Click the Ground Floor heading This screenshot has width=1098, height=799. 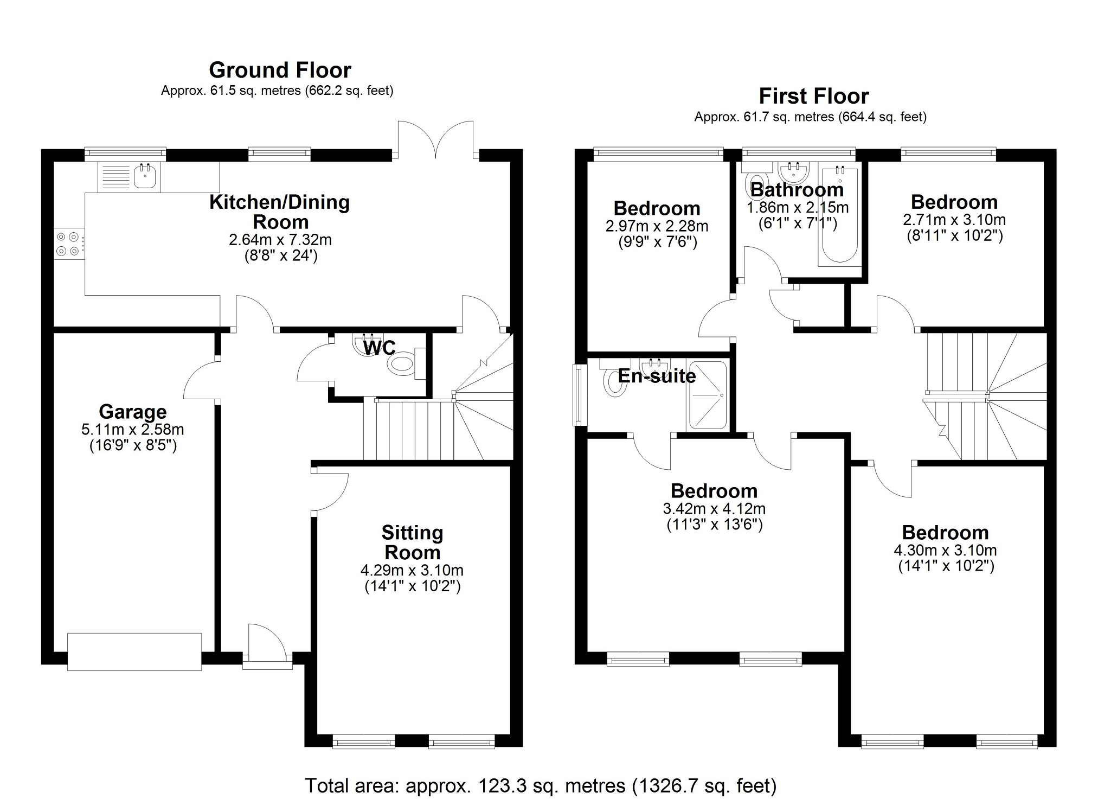tap(280, 71)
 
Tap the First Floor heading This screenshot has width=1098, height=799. tap(813, 97)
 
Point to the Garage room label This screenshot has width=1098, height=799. tap(133, 412)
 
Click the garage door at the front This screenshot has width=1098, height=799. tap(134, 651)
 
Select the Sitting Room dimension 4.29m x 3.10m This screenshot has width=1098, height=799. tap(412, 571)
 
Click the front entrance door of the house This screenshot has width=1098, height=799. tap(267, 645)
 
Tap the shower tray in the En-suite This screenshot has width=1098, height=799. tap(707, 395)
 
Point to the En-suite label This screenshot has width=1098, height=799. tap(657, 376)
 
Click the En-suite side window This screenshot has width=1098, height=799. tap(578, 395)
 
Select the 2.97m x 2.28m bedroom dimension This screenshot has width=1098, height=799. tap(657, 226)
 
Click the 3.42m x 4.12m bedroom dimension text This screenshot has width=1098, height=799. tap(714, 509)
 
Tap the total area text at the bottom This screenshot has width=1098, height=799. tap(540, 785)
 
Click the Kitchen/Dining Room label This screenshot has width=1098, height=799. tap(280, 212)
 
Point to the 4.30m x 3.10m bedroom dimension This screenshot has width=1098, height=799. tap(945, 550)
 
